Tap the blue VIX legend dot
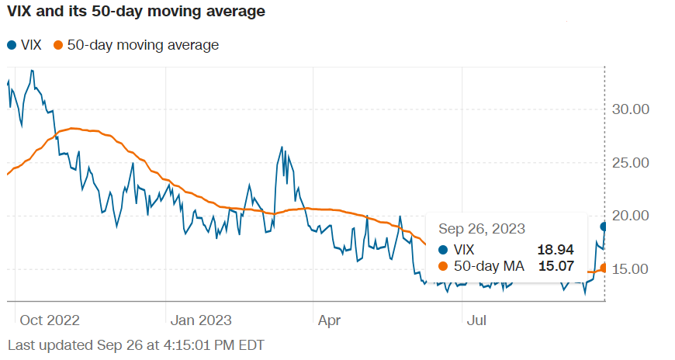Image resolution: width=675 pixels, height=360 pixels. [12, 45]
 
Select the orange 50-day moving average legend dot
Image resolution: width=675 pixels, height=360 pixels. [58, 45]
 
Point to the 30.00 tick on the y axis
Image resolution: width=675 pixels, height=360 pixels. [631, 109]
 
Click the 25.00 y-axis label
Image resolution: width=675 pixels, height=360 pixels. [631, 163]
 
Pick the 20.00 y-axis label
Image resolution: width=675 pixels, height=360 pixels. [631, 216]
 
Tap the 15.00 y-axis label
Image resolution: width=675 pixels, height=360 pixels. [631, 269]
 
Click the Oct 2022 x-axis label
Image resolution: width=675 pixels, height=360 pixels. [50, 320]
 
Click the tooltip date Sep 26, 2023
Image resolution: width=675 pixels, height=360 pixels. [483, 229]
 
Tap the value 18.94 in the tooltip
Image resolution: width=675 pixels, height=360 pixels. [555, 249]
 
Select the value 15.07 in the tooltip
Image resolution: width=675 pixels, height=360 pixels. [555, 267]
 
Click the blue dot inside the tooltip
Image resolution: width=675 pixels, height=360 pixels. [443, 249]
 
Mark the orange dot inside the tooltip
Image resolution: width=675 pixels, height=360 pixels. [443, 267]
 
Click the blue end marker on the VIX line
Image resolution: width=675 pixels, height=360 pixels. [604, 227]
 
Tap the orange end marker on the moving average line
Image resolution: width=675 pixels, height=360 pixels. [604, 268]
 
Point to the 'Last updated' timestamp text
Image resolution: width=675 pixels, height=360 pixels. [136, 344]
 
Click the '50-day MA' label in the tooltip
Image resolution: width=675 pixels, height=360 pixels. [490, 267]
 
